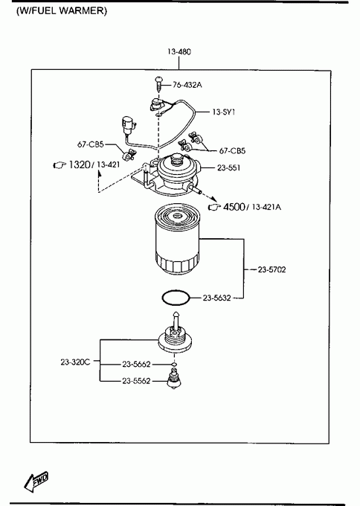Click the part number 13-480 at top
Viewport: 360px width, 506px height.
[x=179, y=51]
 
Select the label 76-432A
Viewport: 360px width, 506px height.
[x=187, y=85]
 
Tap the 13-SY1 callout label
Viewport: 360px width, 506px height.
[x=224, y=112]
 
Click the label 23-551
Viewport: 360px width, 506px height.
[x=228, y=168]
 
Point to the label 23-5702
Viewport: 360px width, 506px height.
[x=271, y=269]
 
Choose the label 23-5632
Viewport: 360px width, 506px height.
[x=216, y=298]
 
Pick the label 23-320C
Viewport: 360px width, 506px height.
[x=75, y=362]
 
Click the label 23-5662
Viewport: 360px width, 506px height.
[x=136, y=365]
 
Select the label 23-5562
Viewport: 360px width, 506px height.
[x=136, y=381]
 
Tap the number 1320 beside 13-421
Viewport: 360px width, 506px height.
[x=80, y=165]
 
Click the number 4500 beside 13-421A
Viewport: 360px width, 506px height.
[x=234, y=207]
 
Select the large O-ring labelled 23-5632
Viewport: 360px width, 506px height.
[x=176, y=298]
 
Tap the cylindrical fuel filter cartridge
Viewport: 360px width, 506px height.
[x=176, y=239]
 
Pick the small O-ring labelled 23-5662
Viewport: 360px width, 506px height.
[x=174, y=365]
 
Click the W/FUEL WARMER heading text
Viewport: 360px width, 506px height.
[x=61, y=10]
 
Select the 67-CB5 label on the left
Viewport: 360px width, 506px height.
[x=90, y=144]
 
